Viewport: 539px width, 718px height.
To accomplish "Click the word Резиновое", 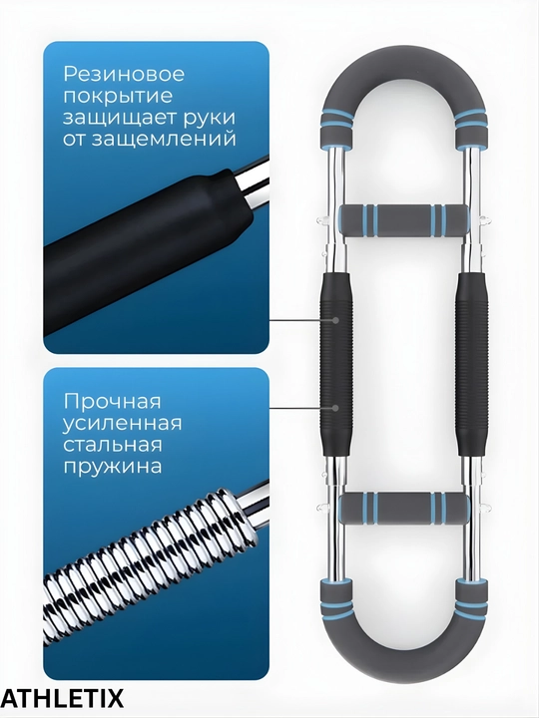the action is [x=124, y=74].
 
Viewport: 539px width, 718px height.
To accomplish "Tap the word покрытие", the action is [x=118, y=97].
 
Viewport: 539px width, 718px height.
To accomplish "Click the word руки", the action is [x=209, y=119].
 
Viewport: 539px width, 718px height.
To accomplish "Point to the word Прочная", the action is [x=113, y=402].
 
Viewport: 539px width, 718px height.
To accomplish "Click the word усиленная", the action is [x=123, y=423].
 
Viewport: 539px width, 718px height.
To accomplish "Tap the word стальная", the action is [x=113, y=445].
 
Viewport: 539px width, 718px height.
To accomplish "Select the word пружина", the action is [x=113, y=467].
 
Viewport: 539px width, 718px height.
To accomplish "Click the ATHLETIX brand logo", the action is [x=62, y=699].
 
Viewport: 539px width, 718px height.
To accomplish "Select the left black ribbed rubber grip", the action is [x=336, y=364].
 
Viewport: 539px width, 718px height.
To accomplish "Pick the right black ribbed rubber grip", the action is [x=471, y=364].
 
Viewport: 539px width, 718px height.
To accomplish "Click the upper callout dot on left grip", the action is [x=336, y=320].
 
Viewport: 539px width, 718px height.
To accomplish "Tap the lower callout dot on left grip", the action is [x=336, y=408].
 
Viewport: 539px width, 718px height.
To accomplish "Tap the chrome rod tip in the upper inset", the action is [x=255, y=183].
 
